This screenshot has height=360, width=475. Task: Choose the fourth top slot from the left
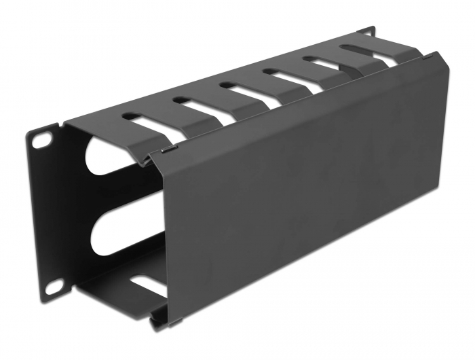(288, 76)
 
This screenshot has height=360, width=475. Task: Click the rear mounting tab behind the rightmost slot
(366, 31)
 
